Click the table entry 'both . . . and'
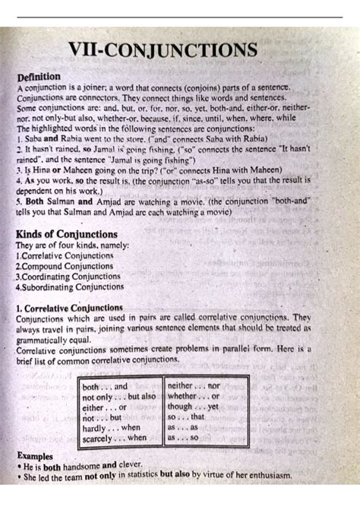click(105, 387)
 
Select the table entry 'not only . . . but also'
click(118, 397)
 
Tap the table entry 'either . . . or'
click(105, 407)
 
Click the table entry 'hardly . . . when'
click(111, 428)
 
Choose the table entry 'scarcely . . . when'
click(114, 438)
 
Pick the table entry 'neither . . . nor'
click(193, 386)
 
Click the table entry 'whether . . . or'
click(193, 397)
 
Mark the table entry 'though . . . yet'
click(193, 407)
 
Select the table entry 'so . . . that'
click(186, 417)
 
